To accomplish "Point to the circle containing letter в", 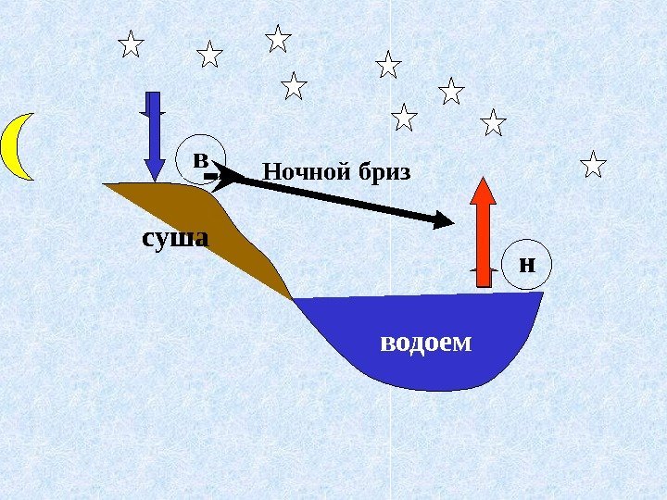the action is click(200, 159).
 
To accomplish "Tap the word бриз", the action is click(381, 172).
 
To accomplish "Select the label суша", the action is click(175, 238).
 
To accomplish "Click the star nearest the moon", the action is click(132, 44).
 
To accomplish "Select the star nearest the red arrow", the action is click(494, 122).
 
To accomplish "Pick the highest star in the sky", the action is click(277, 39).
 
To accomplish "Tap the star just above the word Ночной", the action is click(294, 86).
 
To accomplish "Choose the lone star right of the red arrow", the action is click(593, 166).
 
